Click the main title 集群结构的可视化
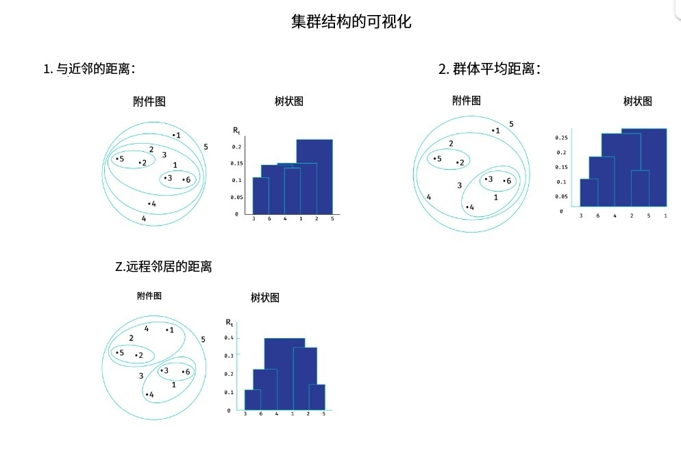point(351,21)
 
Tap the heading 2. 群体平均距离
point(489,68)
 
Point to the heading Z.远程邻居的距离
point(163,267)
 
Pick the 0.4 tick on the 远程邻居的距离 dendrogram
point(230,338)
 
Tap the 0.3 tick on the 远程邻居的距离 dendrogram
point(230,356)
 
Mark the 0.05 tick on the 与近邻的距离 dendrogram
point(236,197)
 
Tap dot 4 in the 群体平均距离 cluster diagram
point(467,207)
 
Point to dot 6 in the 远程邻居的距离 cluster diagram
point(183,372)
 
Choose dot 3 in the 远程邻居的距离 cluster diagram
point(162,371)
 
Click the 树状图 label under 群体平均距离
point(637,101)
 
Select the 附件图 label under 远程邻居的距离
point(149,296)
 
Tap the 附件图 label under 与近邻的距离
point(149,101)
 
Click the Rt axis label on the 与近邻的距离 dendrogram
point(236,130)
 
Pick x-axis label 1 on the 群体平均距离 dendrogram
point(665,216)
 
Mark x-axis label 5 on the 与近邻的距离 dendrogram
point(332,219)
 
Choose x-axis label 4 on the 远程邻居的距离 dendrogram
point(277,414)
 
